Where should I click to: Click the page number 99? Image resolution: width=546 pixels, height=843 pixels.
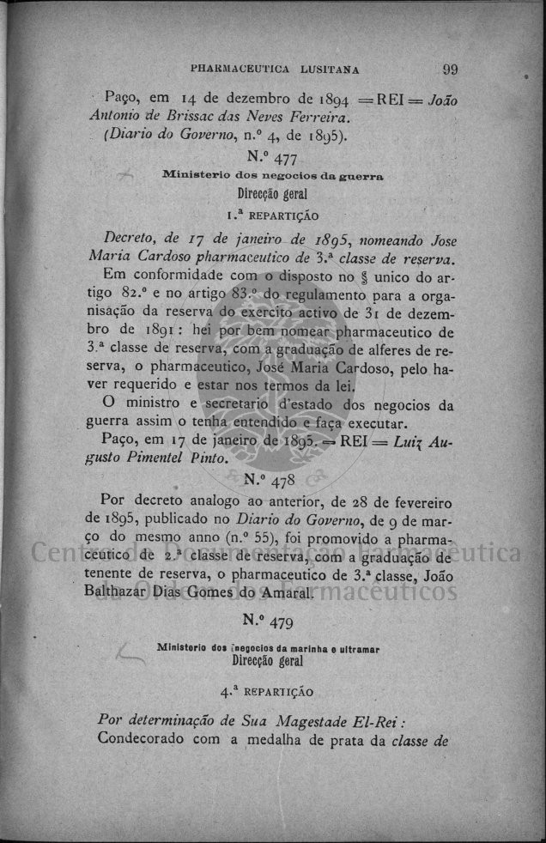(x=451, y=70)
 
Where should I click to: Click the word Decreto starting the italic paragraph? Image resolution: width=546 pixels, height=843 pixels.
(x=127, y=238)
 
